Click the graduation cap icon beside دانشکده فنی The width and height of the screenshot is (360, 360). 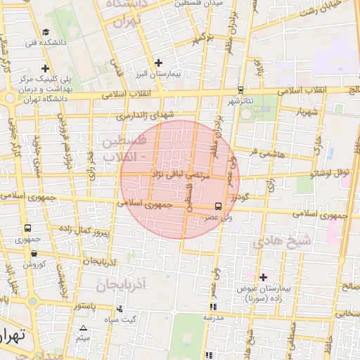[46, 32]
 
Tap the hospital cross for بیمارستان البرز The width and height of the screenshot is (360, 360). [159, 63]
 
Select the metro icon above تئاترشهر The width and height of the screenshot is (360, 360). [241, 90]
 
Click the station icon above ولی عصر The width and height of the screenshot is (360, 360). [218, 207]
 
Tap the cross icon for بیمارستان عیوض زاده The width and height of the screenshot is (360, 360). [264, 277]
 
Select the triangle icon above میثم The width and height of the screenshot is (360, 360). [84, 328]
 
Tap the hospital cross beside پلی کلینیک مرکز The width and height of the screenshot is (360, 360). [46, 69]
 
